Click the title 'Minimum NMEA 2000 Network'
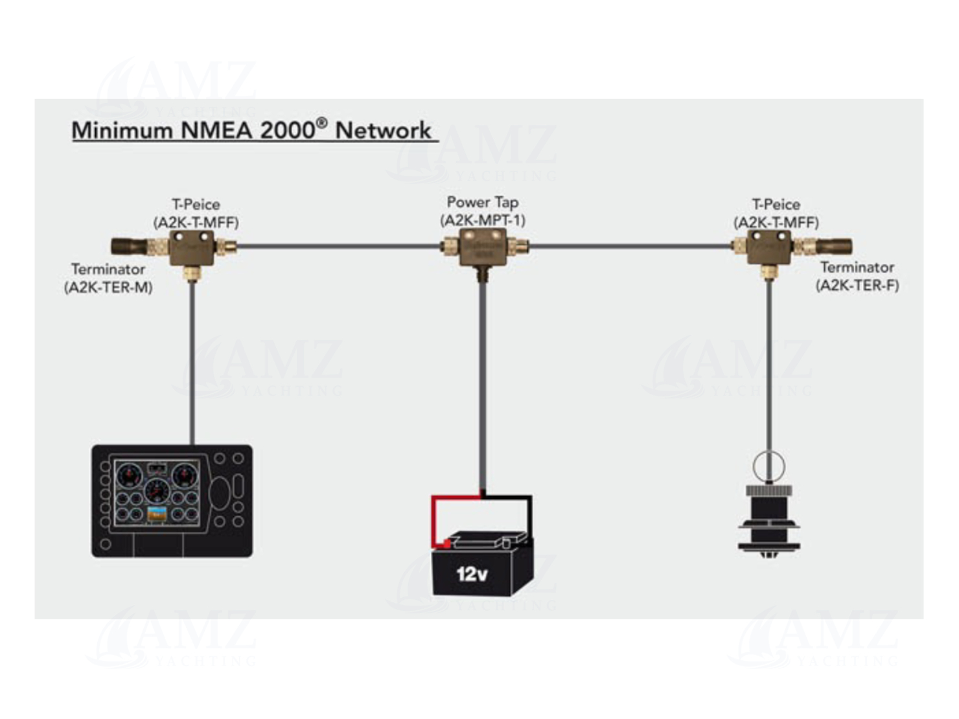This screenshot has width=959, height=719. click(x=251, y=130)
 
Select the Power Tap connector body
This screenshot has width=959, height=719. click(x=483, y=247)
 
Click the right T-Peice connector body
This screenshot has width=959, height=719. click(x=769, y=247)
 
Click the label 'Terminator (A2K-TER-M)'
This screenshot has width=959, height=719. click(x=108, y=278)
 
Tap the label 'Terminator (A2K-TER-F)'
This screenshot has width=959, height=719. click(x=857, y=276)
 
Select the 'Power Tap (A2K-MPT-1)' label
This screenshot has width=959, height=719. click(x=483, y=211)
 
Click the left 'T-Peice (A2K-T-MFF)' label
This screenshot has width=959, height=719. click(x=196, y=213)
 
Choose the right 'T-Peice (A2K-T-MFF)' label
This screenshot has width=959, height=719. click(x=776, y=213)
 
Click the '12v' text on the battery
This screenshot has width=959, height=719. click(x=472, y=574)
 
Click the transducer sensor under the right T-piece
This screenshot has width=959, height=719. click(x=768, y=518)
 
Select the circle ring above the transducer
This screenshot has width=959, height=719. click(x=768, y=466)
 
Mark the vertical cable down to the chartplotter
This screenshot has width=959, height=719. click(x=192, y=363)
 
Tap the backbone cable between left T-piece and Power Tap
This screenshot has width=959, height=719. click(x=337, y=247)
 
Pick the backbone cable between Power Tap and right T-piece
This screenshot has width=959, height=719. click(x=629, y=247)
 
